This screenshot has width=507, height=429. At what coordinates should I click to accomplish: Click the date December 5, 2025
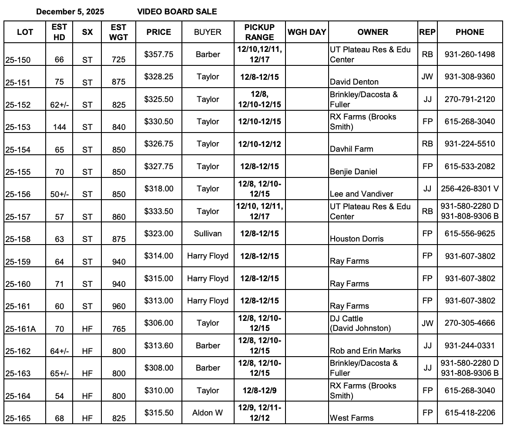pos(70,12)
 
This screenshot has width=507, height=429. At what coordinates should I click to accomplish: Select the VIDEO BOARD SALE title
pos(177,12)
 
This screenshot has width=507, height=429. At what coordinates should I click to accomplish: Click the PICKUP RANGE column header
pos(259,32)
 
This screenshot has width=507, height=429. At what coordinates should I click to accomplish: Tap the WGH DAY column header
pos(307,32)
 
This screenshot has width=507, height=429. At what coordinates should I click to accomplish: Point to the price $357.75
pos(159,54)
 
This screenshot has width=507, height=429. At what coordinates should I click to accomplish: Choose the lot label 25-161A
pos(20,329)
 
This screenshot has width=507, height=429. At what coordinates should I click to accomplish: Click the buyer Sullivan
pos(208,234)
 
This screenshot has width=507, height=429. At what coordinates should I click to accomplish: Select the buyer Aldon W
pos(208,413)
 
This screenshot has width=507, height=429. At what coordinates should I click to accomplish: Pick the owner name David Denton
pos(354,82)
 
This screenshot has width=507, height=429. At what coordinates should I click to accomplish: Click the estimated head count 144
pos(59,127)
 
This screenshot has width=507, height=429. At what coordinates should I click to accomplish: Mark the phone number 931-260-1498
pos(470,54)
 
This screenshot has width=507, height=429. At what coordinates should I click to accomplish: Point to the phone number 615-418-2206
pos(470,413)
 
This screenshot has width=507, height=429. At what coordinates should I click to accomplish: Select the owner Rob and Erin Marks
pos(365,351)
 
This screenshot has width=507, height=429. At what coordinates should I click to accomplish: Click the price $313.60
pos(159,346)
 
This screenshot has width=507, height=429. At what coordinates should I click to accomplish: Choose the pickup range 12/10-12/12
pos(259,144)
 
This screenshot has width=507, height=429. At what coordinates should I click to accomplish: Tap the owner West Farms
pos(352,418)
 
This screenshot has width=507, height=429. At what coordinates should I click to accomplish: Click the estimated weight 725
pos(118,60)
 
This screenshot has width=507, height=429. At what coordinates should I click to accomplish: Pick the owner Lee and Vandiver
pos(361,194)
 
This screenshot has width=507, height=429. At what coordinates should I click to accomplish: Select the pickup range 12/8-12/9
pos(259,391)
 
